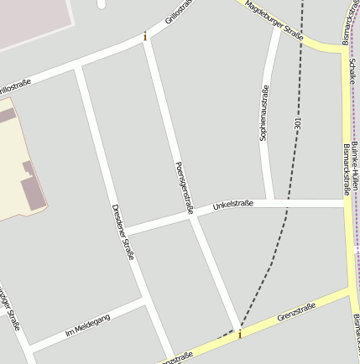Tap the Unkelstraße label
[232, 204]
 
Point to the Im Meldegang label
[87, 325]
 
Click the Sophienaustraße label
[264, 113]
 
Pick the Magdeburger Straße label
[274, 20]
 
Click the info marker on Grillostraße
[145, 36]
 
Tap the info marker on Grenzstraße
[239, 335]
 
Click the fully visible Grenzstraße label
[296, 312]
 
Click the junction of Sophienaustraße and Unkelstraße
[269, 202]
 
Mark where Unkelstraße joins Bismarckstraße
[346, 202]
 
